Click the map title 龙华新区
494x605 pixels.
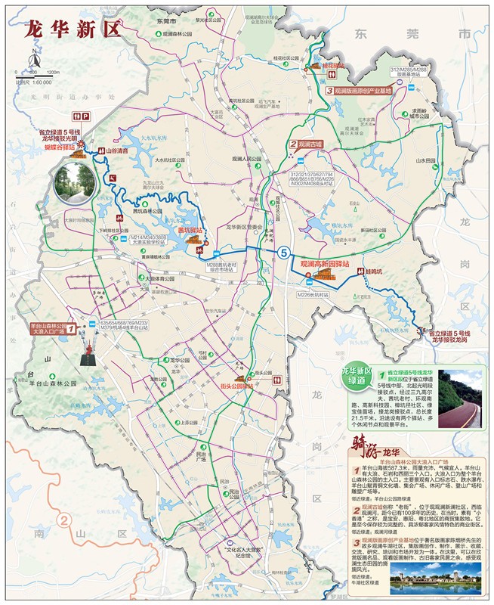[x=73, y=29]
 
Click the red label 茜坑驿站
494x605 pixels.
[x=190, y=229]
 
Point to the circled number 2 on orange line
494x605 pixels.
[x=66, y=520]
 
